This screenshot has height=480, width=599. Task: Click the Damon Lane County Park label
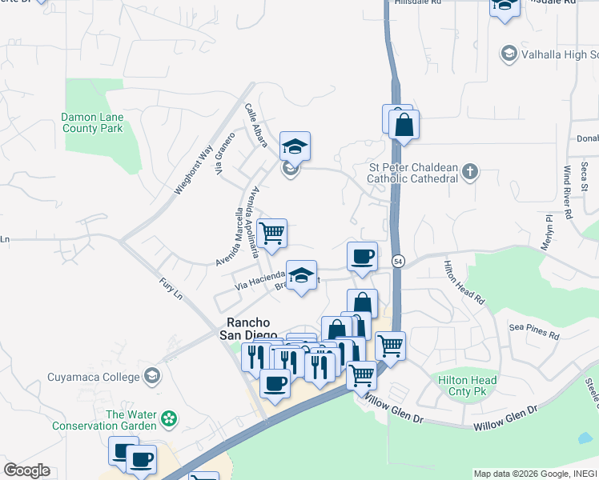point(92,122)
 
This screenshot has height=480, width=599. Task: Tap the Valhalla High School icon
point(508,54)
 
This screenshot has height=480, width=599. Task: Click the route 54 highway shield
point(397,261)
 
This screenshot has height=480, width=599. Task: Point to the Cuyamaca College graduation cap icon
point(152,376)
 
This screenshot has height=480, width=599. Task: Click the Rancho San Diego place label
point(248,328)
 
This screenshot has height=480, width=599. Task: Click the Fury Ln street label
point(171,288)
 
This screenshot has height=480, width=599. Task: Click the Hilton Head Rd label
point(464,282)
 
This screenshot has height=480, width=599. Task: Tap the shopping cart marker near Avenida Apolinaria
point(272,233)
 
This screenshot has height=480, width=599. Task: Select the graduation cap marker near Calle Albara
point(295,146)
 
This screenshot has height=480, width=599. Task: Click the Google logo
point(26,470)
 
